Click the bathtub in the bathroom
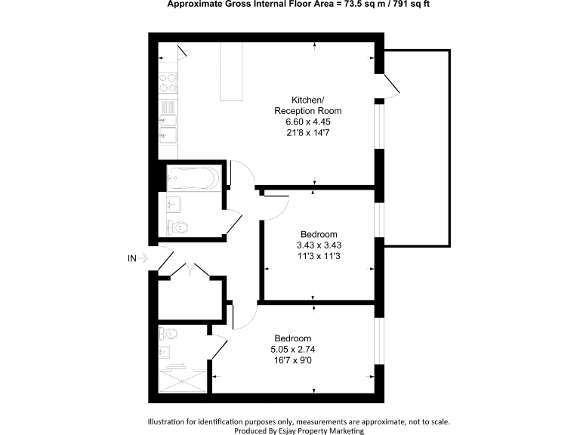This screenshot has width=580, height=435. click(192, 178)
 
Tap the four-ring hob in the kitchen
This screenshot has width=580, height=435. click(168, 81)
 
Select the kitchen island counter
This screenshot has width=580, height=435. click(232, 72)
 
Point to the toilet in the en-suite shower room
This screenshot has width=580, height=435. click(168, 334)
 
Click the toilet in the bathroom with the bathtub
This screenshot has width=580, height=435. click(178, 227)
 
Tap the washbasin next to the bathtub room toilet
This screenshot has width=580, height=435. click(173, 202)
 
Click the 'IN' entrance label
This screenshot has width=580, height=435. click(132, 258)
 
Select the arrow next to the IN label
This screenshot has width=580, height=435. click(144, 258)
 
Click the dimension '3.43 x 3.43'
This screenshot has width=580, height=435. click(319, 245)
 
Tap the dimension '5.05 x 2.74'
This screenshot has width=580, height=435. click(292, 349)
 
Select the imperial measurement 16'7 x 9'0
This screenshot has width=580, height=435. click(292, 359)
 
